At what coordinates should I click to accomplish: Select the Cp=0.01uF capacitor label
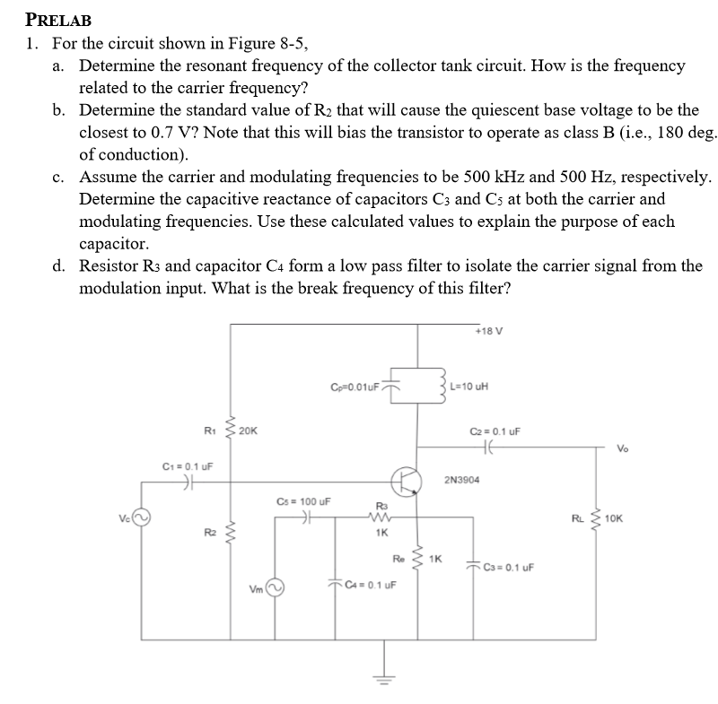tap(355, 387)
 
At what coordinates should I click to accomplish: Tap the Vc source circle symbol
tap(143, 518)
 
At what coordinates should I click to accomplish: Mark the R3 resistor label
tap(381, 507)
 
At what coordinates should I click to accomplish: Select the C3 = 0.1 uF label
tap(509, 567)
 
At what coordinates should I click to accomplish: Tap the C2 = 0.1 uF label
tap(495, 431)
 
